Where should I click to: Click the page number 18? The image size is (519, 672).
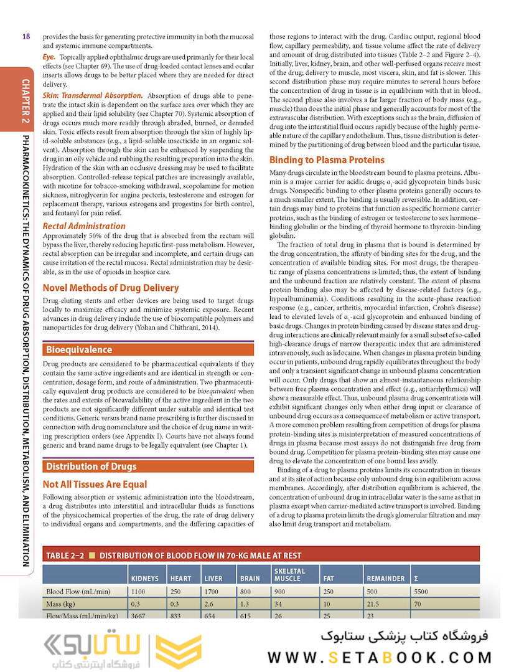tap(26, 37)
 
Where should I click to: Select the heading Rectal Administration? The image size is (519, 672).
tap(83, 226)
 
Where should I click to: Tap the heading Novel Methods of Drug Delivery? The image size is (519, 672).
tap(110, 288)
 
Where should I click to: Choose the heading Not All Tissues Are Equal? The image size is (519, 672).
tap(95, 484)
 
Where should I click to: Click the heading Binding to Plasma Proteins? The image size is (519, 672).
tap(327, 159)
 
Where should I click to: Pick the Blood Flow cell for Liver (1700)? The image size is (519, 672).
tap(213, 591)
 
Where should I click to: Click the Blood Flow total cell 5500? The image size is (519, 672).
tap(421, 591)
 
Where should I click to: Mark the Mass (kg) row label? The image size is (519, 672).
tap(61, 604)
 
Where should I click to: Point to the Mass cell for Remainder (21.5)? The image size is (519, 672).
tap(375, 604)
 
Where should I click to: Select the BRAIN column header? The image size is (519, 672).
tap(250, 579)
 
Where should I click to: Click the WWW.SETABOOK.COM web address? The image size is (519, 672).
tap(380, 656)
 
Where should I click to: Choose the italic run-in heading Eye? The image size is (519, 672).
tap(49, 56)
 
